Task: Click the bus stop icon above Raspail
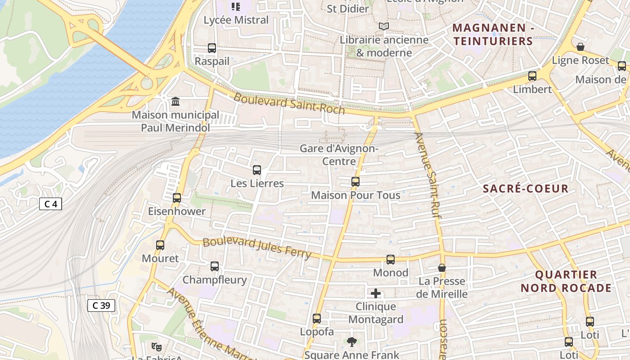tap(212, 48)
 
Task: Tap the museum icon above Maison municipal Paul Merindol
tap(175, 102)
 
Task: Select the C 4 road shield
tap(50, 204)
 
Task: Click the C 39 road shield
tap(101, 306)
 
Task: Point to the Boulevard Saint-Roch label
tap(289, 103)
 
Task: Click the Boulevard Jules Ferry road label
tap(257, 247)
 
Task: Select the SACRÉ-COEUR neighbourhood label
tap(526, 189)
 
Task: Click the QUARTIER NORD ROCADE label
tap(566, 281)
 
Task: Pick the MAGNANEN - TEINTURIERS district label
tap(493, 35)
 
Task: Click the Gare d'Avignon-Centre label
tap(339, 154)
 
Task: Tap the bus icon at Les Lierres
tap(257, 170)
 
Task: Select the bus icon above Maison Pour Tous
tap(355, 182)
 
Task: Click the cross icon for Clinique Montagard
tap(376, 294)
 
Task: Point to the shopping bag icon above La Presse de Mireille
tap(442, 268)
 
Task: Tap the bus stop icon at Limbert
tap(532, 76)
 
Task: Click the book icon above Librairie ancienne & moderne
tap(383, 27)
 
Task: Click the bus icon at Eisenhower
tap(177, 198)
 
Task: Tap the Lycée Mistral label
tap(236, 20)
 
